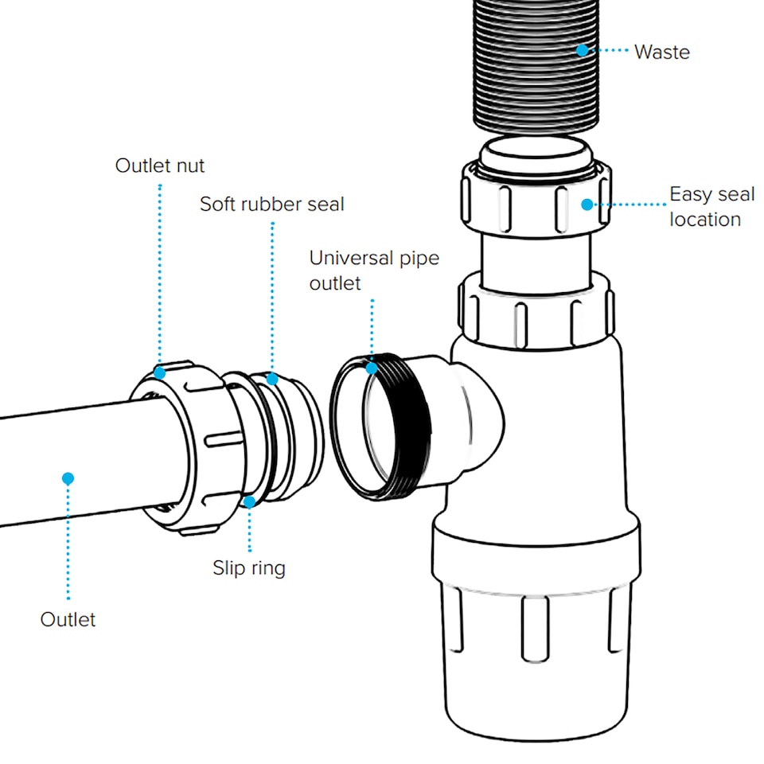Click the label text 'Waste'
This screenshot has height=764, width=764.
tap(661, 53)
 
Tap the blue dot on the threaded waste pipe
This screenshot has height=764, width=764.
tap(583, 50)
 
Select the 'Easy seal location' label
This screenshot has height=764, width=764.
tap(711, 206)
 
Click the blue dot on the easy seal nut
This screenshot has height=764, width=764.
tap(587, 205)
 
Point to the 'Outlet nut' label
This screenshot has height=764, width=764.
tap(160, 166)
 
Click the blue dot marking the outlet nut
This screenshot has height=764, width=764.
tap(160, 372)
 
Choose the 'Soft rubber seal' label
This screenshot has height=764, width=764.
tap(272, 204)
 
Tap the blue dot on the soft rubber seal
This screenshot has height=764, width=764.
tap(272, 379)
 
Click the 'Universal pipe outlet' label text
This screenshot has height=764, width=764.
tap(374, 270)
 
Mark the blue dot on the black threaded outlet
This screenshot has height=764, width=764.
tap(372, 368)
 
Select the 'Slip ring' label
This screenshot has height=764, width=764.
tap(248, 567)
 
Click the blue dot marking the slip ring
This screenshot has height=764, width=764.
tap(249, 501)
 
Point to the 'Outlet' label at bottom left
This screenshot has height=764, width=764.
tap(68, 619)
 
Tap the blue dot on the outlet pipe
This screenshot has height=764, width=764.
tap(68, 478)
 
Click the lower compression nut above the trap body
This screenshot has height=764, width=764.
tap(535, 312)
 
